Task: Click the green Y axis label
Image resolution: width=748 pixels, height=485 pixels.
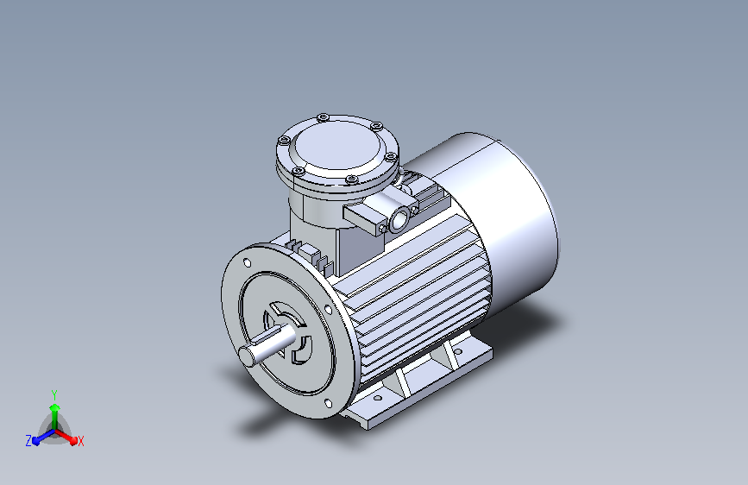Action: pos(54,394)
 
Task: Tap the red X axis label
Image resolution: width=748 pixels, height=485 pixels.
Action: pos(80,441)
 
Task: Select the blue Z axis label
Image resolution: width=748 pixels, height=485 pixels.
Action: pos(28,441)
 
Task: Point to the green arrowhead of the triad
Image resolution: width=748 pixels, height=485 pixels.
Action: pos(55,408)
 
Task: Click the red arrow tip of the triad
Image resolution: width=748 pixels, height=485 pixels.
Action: pos(73,441)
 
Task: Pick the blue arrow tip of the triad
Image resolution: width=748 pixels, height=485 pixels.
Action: pos(35,441)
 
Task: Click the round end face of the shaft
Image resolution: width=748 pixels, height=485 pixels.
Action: pos(248,356)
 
